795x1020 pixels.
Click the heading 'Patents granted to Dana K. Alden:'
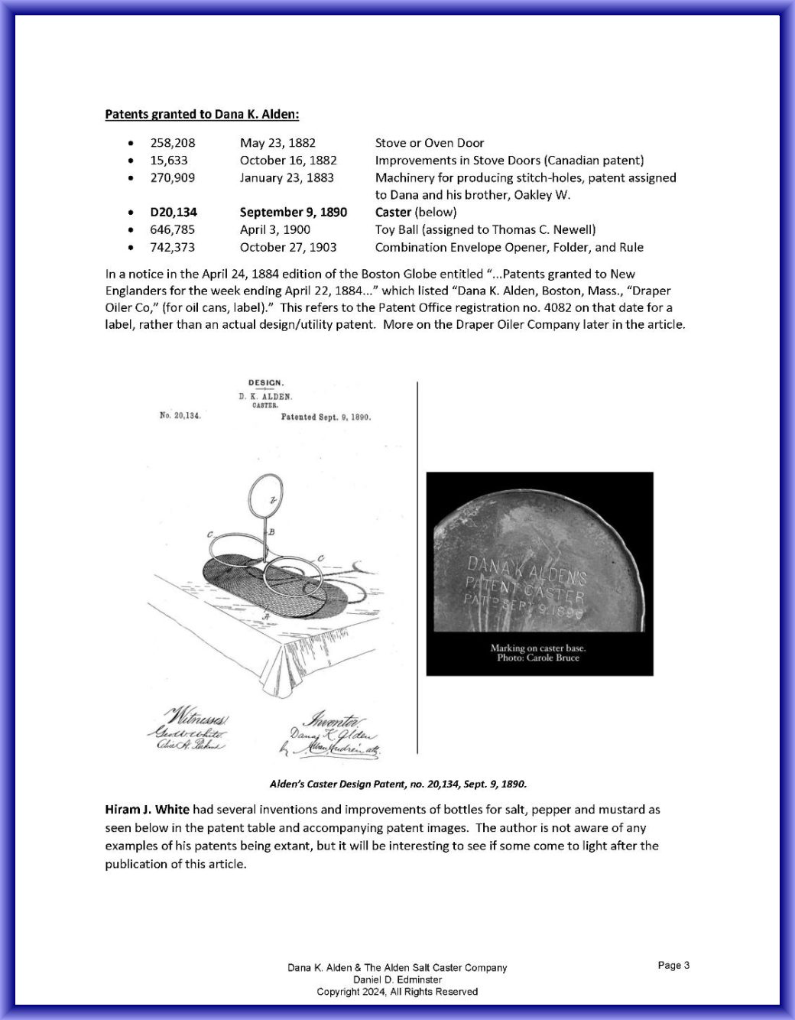click(x=202, y=115)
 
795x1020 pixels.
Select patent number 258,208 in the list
click(x=172, y=143)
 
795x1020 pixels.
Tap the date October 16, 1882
click(x=288, y=161)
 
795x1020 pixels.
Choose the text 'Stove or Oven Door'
click(x=430, y=143)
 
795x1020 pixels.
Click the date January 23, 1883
click(x=287, y=177)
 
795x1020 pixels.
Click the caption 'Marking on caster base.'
click(x=538, y=648)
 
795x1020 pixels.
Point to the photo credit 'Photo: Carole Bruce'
click(x=538, y=658)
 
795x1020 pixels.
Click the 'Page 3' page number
click(x=673, y=966)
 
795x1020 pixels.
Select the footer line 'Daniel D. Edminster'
click(x=397, y=979)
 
